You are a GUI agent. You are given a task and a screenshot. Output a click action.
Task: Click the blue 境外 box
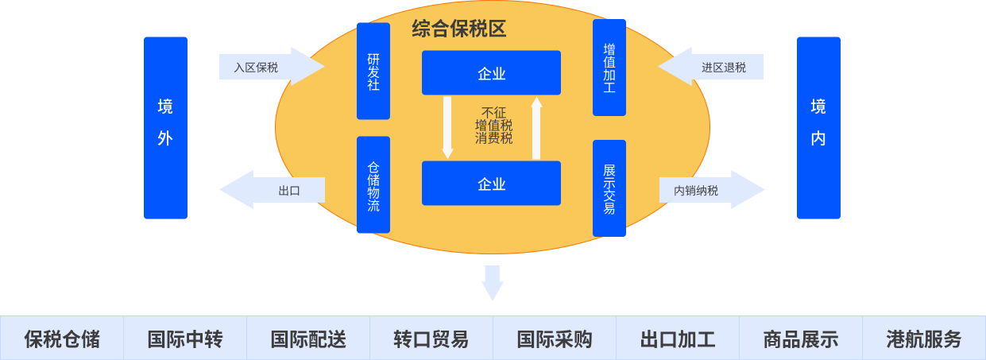click(x=165, y=127)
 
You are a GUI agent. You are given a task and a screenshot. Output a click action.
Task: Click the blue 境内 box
click(x=818, y=127)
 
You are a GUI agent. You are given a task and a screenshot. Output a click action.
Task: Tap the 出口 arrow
click(x=274, y=190)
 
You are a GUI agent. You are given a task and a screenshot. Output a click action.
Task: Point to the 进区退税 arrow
click(x=713, y=67)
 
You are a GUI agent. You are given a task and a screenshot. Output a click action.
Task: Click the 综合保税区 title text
click(x=459, y=29)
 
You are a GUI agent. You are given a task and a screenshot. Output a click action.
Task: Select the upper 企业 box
click(x=491, y=73)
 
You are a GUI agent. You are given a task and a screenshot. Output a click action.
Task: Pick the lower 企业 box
click(x=491, y=184)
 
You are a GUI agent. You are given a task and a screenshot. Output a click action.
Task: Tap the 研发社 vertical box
click(x=373, y=71)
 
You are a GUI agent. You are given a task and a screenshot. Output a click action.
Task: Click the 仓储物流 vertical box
click(x=373, y=185)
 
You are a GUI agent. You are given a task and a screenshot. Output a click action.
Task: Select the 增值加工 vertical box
click(x=609, y=68)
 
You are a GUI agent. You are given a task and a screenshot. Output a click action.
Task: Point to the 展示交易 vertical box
click(x=609, y=188)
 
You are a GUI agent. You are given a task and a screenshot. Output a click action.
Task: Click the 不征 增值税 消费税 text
click(x=493, y=126)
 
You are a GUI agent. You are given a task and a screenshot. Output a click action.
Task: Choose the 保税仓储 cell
click(x=62, y=339)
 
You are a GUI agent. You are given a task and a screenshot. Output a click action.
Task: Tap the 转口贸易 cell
click(x=431, y=339)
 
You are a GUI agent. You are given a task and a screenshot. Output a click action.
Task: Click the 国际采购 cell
click(x=555, y=339)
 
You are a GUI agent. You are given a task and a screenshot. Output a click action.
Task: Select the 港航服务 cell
click(x=924, y=339)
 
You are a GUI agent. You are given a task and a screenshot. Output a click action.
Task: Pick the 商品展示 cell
click(x=801, y=339)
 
